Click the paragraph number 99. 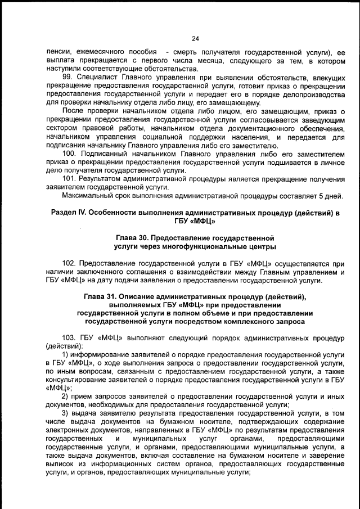(x=66, y=76)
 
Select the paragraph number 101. (x=68, y=179)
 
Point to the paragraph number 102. (x=69, y=263)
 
